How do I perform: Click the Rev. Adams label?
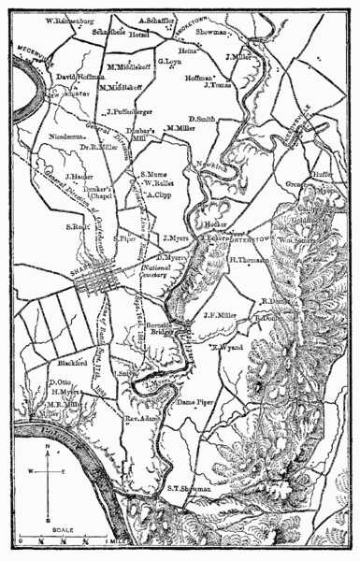click(x=134, y=421)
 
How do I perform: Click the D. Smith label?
click(x=203, y=120)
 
